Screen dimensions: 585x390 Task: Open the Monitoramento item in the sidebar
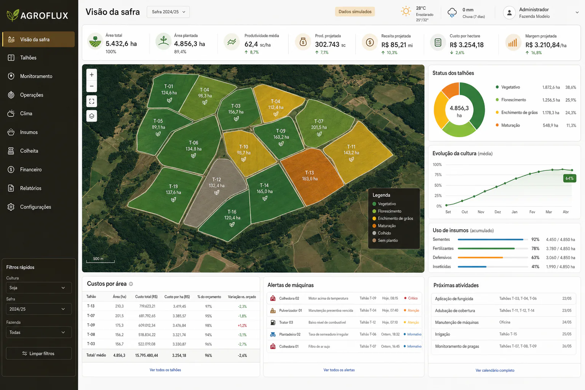coord(36,76)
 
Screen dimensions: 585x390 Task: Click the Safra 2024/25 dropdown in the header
coord(168,12)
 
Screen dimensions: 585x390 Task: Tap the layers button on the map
coord(92,116)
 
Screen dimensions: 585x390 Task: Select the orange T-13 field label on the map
coord(310,176)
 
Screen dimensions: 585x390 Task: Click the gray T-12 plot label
coord(216,182)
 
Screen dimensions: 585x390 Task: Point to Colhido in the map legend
coord(384,233)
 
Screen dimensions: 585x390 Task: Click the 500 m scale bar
coord(100,261)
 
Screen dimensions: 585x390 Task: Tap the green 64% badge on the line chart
coord(570,178)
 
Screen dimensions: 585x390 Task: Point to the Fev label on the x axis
coord(532,212)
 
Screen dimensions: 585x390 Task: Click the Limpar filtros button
coord(38,353)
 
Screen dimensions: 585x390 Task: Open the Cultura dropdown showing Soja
coord(38,288)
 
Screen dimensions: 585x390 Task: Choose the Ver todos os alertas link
coord(339,370)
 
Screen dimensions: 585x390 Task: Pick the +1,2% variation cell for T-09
coord(242,326)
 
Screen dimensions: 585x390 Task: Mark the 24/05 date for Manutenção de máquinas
coord(567,322)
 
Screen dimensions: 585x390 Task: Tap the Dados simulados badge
coord(355,12)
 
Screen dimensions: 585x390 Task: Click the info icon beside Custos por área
coord(131,284)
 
